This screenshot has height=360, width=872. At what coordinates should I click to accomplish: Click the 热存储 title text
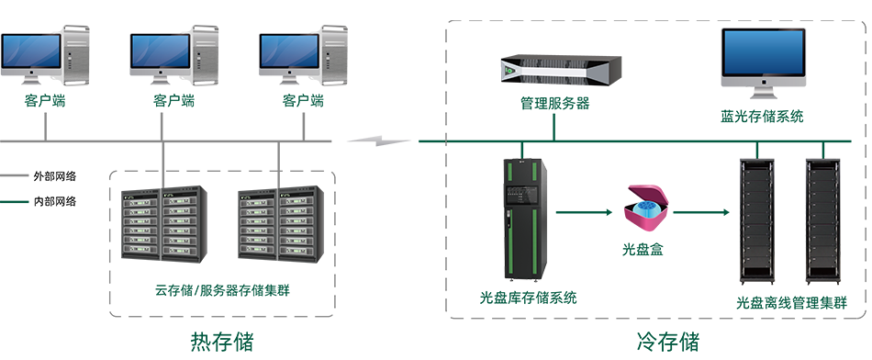pos(222,341)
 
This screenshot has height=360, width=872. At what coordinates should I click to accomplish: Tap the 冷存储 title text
pos(667,341)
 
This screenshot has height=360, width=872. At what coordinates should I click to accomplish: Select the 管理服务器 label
pos(554,104)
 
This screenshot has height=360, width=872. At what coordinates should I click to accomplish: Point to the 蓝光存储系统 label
pos(762,117)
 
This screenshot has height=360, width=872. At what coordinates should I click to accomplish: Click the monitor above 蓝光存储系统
pos(763,58)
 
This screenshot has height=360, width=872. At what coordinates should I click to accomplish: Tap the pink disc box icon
pos(645,208)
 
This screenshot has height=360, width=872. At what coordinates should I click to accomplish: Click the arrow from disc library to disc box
pos(583,212)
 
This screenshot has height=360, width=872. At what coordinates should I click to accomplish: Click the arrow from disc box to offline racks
pos(700,212)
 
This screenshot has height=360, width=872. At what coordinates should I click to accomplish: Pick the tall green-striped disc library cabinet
pos(525,219)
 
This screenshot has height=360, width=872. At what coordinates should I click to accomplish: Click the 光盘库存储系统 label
pos(529,298)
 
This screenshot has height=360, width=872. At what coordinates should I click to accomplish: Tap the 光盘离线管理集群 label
pos(791,303)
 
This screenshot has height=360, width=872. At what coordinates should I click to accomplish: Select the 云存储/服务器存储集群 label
pos(222,290)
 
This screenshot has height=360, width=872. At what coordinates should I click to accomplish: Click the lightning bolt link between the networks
pos(379,141)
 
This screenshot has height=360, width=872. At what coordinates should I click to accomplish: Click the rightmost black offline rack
pos(823,219)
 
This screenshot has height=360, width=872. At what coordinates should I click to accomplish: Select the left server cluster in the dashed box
pos(164,224)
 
